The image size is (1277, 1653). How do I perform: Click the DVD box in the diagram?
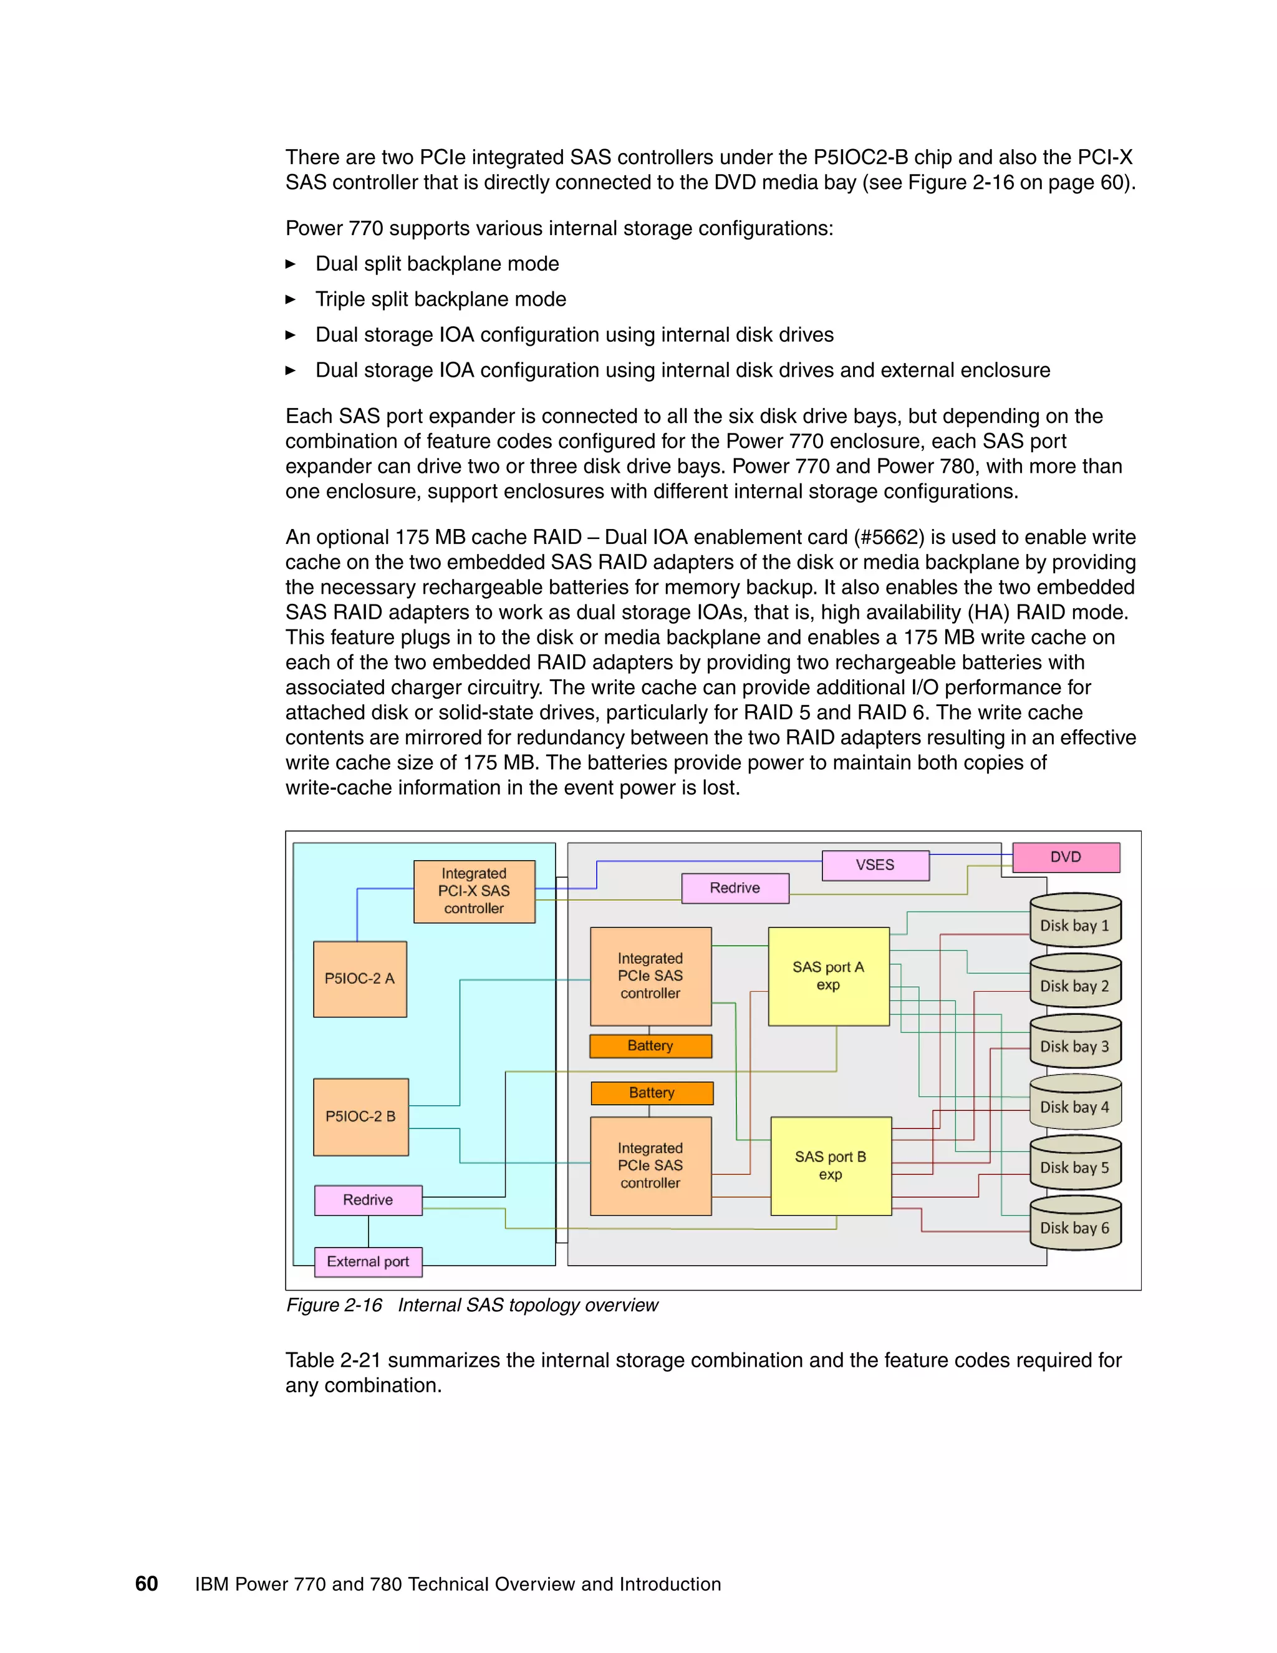point(1065,857)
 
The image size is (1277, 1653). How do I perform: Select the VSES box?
point(875,865)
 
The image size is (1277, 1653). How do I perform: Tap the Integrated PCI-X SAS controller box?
point(474,891)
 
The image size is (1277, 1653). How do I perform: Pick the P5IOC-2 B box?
point(360,1117)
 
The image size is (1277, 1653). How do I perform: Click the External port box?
point(368,1262)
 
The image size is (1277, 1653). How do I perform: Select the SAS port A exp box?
point(829,976)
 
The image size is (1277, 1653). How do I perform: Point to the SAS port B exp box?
point(831,1166)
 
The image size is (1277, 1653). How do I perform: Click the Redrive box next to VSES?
point(735,888)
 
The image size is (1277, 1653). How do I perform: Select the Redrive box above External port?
point(368,1200)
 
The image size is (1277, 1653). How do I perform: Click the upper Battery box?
point(650,1046)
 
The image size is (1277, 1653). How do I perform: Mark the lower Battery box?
point(652,1093)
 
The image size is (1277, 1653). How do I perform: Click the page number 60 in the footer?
point(146,1583)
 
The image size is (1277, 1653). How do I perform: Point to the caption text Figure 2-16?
point(334,1305)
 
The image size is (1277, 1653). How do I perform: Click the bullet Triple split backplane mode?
point(440,299)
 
